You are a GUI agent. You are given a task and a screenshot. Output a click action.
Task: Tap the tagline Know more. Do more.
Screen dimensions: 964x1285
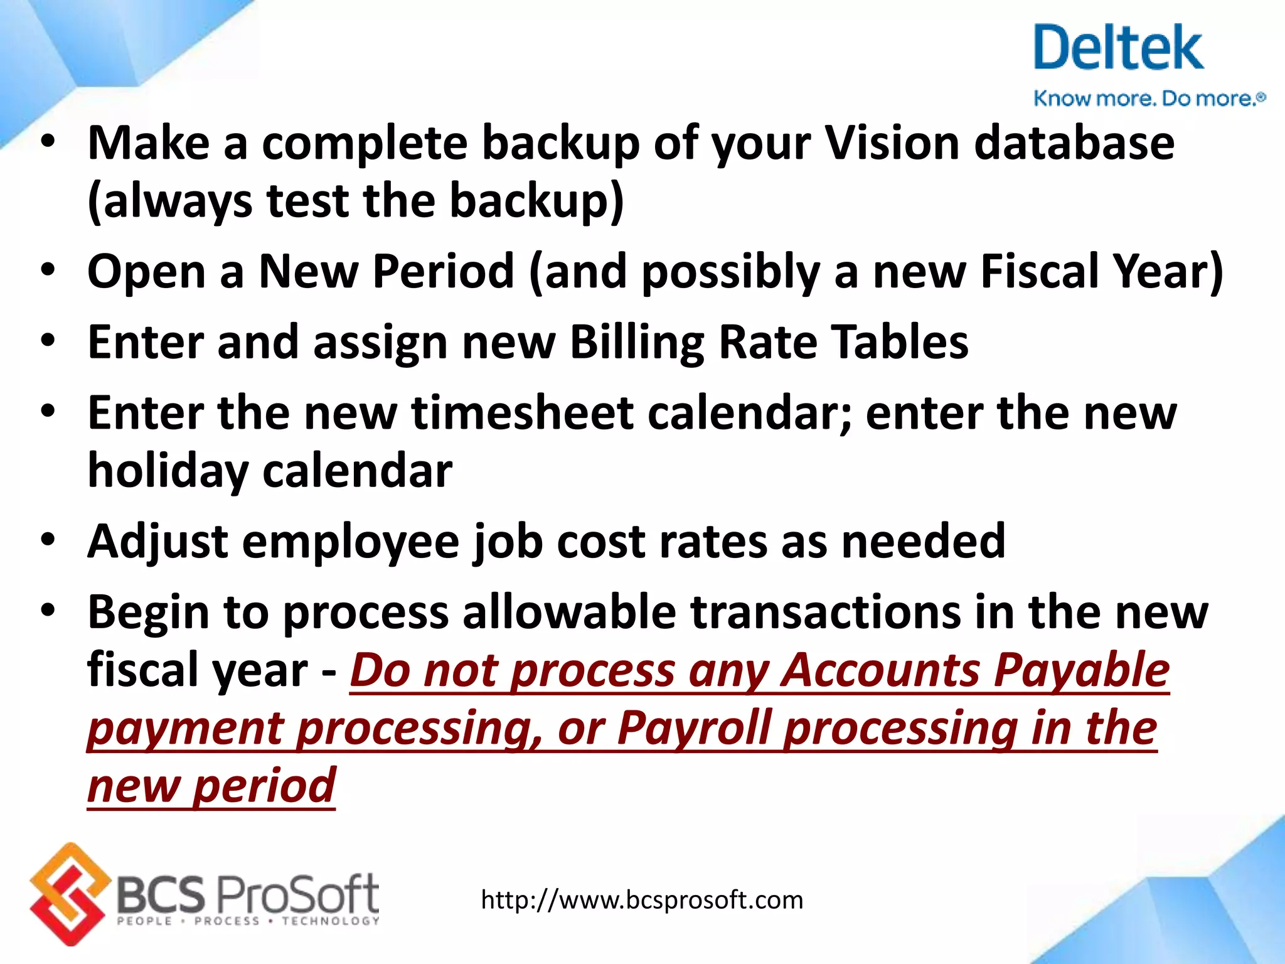coord(1148,99)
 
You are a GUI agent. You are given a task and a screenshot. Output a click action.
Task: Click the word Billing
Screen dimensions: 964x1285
coord(636,343)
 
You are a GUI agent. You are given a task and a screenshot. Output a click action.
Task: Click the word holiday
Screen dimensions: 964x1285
coord(168,471)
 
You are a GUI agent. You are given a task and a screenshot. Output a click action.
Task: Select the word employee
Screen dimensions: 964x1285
coord(351,542)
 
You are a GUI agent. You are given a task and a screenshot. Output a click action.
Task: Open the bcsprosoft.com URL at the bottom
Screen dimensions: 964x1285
coord(642,901)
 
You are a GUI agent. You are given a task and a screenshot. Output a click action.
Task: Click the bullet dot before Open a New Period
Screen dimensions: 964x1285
coord(48,271)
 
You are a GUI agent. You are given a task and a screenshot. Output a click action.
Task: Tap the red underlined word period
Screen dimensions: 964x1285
coord(264,786)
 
